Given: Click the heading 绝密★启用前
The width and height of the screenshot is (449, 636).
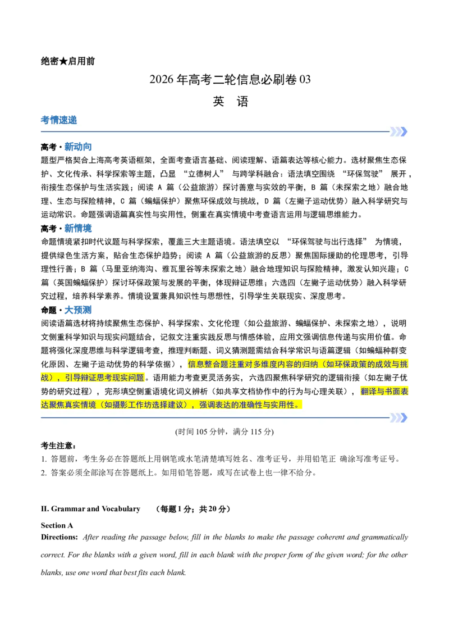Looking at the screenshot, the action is pyautogui.click(x=68, y=61).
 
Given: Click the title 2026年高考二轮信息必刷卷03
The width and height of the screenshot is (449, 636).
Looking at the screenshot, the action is pyautogui.click(x=230, y=80).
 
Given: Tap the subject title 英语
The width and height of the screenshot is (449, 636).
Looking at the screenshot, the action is pyautogui.click(x=230, y=101).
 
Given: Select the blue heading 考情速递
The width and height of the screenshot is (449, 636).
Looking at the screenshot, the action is pyautogui.click(x=59, y=120).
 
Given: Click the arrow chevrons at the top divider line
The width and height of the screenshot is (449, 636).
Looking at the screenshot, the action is pyautogui.click(x=398, y=131).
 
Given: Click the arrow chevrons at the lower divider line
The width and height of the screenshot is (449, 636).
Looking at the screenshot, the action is pyautogui.click(x=398, y=418).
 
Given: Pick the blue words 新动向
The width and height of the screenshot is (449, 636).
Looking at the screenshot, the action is pyautogui.click(x=78, y=147).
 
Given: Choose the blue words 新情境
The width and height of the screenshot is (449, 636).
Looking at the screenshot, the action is pyautogui.click(x=78, y=228).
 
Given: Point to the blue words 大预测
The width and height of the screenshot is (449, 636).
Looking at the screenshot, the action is pyautogui.click(x=78, y=310).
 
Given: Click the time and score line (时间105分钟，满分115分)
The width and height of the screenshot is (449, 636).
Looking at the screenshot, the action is pyautogui.click(x=224, y=431).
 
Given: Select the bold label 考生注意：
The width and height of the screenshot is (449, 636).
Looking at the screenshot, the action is pyautogui.click(x=58, y=446).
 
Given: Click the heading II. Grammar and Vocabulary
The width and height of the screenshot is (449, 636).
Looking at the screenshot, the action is pyautogui.click(x=90, y=509).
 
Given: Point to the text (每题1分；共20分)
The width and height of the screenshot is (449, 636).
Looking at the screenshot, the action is pyautogui.click(x=193, y=509).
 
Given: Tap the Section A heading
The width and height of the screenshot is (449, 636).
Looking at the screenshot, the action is pyautogui.click(x=57, y=526).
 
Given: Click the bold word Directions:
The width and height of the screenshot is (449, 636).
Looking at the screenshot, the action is pyautogui.click(x=59, y=538).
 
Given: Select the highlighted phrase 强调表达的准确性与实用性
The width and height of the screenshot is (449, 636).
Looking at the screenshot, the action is pyautogui.click(x=250, y=405).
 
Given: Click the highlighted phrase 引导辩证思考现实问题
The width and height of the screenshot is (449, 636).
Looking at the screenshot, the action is pyautogui.click(x=104, y=378).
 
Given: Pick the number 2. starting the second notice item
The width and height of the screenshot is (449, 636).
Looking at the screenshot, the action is pyautogui.click(x=44, y=473).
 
